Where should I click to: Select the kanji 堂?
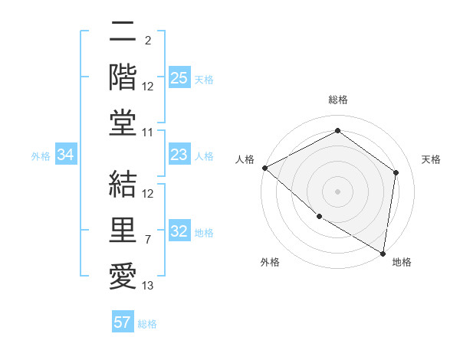click(x=123, y=123)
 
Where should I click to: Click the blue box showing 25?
click(x=179, y=78)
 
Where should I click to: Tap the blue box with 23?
click(x=179, y=155)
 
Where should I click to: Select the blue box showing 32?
click(x=179, y=232)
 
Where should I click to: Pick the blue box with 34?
click(x=65, y=155)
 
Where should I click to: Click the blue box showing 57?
click(x=123, y=322)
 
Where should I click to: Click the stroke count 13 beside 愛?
click(x=148, y=286)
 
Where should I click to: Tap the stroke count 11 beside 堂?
click(x=148, y=133)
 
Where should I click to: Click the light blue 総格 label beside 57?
click(x=147, y=324)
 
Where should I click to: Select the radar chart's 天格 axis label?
click(x=431, y=159)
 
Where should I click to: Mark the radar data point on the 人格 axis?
click(x=264, y=168)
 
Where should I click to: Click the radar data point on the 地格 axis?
click(x=383, y=252)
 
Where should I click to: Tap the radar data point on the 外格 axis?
click(x=319, y=217)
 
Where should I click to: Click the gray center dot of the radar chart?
click(x=337, y=191)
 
